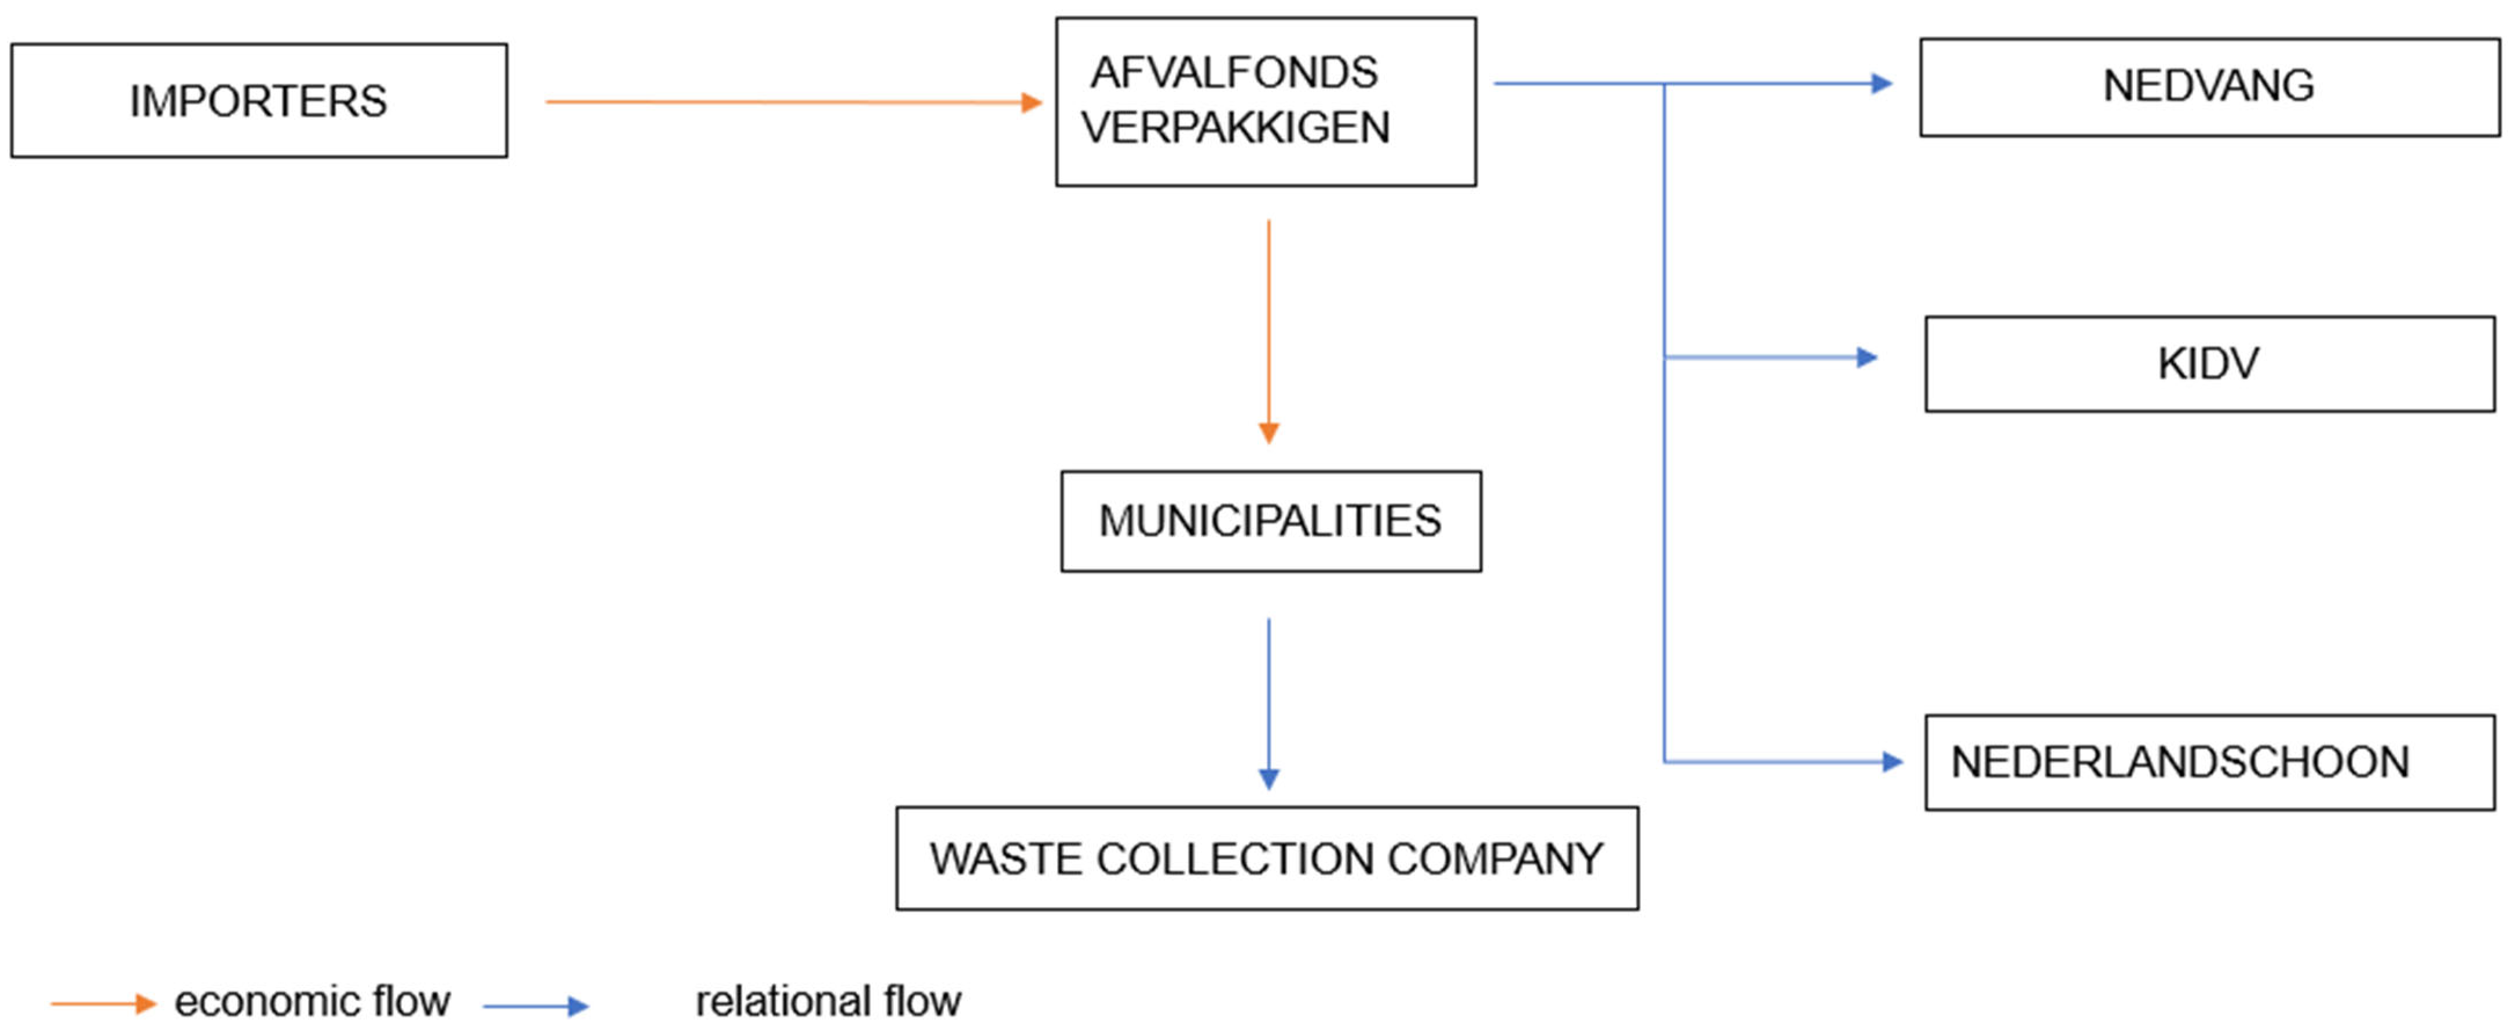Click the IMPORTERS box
coord(259,101)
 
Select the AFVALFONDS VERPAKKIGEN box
coord(1265,101)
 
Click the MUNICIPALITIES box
coord(1270,522)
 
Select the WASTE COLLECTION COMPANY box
coord(1266,858)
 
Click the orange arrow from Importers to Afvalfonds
coord(791,101)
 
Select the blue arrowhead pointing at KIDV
coord(1867,357)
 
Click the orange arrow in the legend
coord(102,1004)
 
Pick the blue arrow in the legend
coord(535,1006)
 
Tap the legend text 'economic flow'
coord(313,1001)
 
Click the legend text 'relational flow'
coord(828,1001)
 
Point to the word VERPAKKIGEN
coord(1235,128)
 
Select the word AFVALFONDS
coord(1234,73)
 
